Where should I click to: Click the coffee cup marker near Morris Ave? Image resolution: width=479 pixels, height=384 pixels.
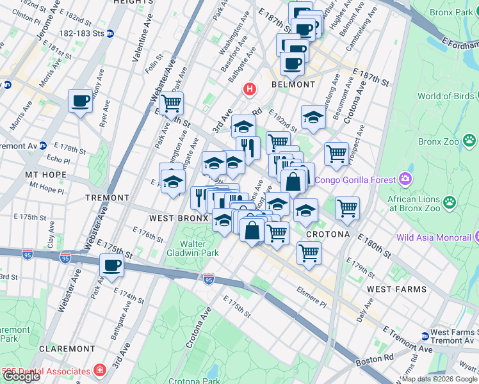[81, 101]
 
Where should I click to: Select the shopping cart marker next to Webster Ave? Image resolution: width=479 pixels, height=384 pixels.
[171, 103]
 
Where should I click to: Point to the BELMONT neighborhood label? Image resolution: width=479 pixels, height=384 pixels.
[293, 84]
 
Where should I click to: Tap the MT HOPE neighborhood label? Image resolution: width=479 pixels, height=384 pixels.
[41, 174]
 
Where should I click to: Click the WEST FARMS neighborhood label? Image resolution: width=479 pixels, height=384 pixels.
[397, 289]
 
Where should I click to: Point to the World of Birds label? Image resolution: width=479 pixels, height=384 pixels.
[446, 97]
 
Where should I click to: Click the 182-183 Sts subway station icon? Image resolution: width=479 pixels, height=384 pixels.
[110, 33]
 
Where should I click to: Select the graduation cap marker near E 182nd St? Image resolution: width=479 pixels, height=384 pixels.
[313, 117]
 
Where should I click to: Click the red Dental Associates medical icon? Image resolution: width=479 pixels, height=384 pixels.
[99, 371]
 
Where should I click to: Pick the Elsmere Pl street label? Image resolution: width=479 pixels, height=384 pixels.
[312, 292]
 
